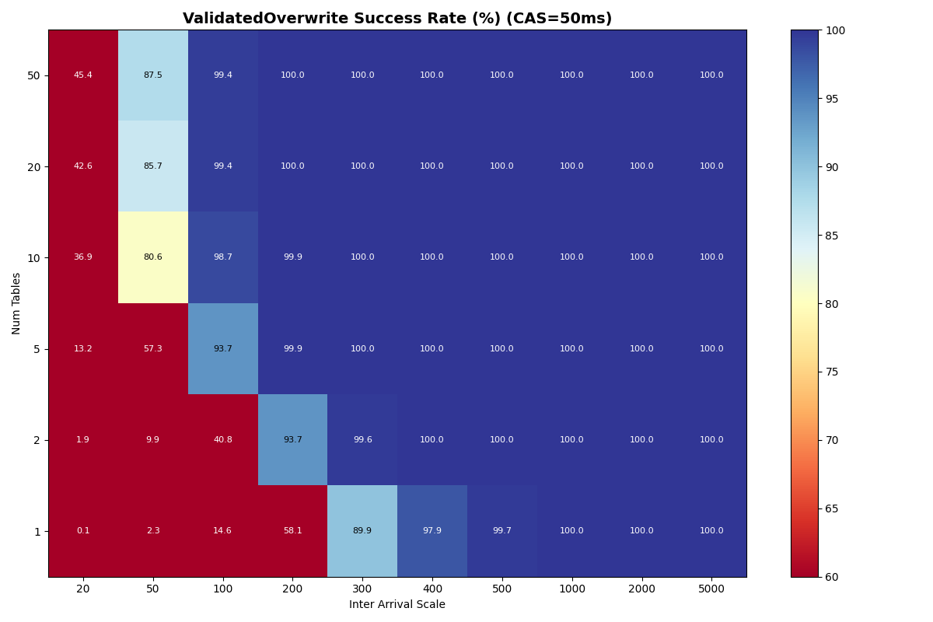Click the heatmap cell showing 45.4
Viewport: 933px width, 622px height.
(83, 75)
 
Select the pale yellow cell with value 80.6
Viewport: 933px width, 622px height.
(153, 257)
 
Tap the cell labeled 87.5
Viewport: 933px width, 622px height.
(153, 75)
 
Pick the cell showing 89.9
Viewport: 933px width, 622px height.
(362, 531)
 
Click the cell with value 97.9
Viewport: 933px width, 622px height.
(432, 531)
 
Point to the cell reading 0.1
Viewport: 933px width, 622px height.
(83, 531)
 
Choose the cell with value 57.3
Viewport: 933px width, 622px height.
(153, 349)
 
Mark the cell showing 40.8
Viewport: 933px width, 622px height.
(223, 440)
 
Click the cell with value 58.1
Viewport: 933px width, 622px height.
(292, 531)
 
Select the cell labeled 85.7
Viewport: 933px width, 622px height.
(153, 166)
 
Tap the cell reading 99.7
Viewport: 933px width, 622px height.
(502, 531)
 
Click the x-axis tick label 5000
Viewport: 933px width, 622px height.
(711, 589)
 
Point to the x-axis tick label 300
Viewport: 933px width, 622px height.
(362, 589)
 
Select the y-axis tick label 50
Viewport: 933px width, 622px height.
(34, 75)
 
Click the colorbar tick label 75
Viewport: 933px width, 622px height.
(831, 372)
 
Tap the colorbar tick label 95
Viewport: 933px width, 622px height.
(831, 99)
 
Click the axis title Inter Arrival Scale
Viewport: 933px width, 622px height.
(397, 605)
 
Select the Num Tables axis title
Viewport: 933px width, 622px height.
(17, 303)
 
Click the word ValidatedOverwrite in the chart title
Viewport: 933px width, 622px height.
(260, 19)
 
